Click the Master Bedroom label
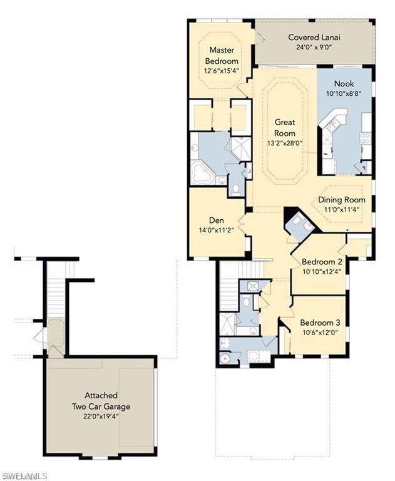coord(222,55)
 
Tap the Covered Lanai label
coord(314,38)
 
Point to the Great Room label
coord(285,128)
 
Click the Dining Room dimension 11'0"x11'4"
coord(342,210)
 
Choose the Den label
coord(217,220)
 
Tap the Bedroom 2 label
coord(322,262)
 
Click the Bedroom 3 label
coord(320,323)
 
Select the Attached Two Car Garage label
coord(101,401)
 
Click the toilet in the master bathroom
coord(236,190)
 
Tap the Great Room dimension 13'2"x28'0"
coord(285,143)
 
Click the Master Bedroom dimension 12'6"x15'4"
coord(222,71)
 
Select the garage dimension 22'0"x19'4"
coord(101,416)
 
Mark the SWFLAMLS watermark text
coord(24,476)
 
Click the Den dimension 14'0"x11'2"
coord(217,230)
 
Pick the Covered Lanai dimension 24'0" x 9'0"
coord(314,47)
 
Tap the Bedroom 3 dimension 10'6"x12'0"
coord(320,333)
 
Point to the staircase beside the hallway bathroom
coord(229,286)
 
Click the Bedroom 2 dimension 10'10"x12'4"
coord(322,271)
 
